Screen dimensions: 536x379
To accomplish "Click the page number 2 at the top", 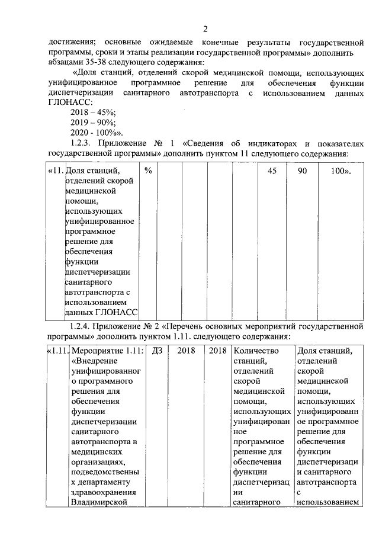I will coord(204,30).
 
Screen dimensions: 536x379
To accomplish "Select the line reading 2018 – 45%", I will coord(93,112).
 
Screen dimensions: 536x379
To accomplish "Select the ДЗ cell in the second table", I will coord(157,350).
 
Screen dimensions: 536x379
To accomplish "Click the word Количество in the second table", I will coord(255,350).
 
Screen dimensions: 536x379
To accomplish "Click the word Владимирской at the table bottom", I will coord(99,503).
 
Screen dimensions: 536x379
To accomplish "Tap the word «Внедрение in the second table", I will coord(95,360).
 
